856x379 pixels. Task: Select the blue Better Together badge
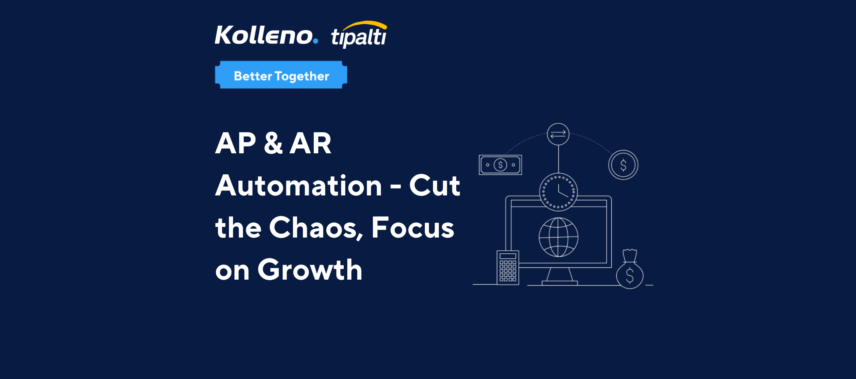pyautogui.click(x=281, y=75)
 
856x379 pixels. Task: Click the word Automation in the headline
pyautogui.click(x=298, y=185)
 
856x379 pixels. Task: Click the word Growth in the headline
pyautogui.click(x=310, y=270)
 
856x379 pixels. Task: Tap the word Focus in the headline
pyautogui.click(x=413, y=228)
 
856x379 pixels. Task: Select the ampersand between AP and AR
pyautogui.click(x=273, y=143)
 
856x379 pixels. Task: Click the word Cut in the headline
pyautogui.click(x=435, y=185)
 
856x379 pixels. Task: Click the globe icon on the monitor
pyautogui.click(x=558, y=237)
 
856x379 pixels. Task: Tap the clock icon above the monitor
pyautogui.click(x=558, y=192)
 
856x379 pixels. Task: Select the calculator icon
pyautogui.click(x=508, y=268)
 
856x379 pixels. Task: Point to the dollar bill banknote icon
pyautogui.click(x=500, y=165)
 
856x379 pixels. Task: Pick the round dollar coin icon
pyautogui.click(x=623, y=165)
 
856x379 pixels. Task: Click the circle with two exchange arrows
pyautogui.click(x=558, y=134)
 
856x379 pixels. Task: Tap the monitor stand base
pyautogui.click(x=560, y=283)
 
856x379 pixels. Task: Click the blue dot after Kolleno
pyautogui.click(x=315, y=41)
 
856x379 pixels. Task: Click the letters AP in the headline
pyautogui.click(x=236, y=143)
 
